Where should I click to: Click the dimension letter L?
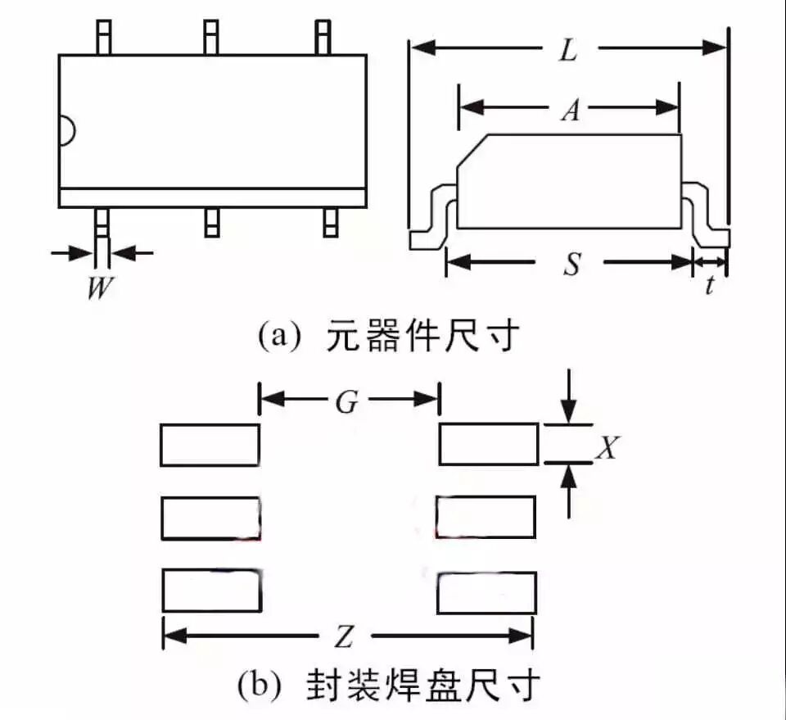(x=568, y=51)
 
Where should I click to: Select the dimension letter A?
(x=570, y=109)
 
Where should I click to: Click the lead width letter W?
(x=100, y=288)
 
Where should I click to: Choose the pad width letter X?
(x=607, y=446)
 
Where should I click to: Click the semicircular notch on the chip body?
(x=66, y=131)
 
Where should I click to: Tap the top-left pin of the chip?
(x=103, y=37)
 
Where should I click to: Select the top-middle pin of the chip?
(x=211, y=37)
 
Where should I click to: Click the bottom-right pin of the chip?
(x=330, y=222)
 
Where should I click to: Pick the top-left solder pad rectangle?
(x=210, y=445)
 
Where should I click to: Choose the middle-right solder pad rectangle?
(x=486, y=518)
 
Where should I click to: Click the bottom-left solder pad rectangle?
(x=211, y=590)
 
